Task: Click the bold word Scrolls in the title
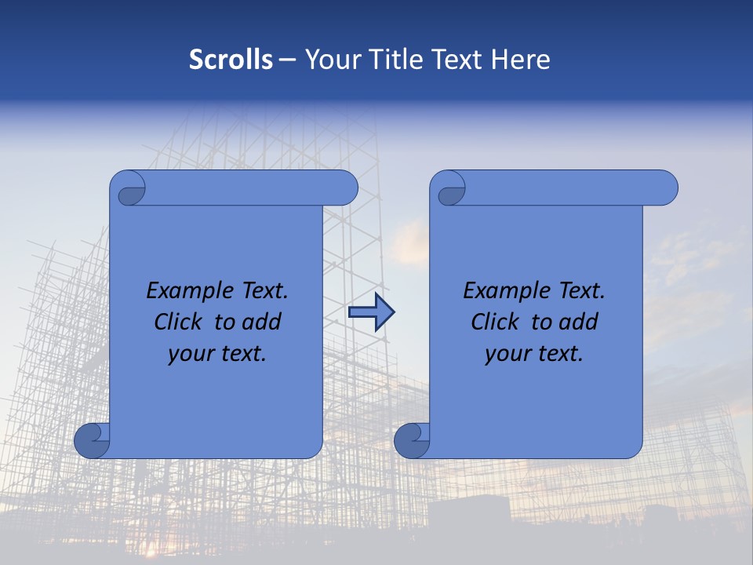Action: click(231, 60)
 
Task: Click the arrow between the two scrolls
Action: click(371, 312)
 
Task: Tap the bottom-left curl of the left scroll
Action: click(92, 440)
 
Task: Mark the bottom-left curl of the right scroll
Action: click(412, 440)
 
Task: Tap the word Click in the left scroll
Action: click(180, 322)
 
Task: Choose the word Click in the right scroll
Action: click(497, 322)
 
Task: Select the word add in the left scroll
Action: click(262, 322)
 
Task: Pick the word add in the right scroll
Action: click(579, 322)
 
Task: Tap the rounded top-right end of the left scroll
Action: click(345, 188)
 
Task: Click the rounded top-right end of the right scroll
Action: click(665, 188)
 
